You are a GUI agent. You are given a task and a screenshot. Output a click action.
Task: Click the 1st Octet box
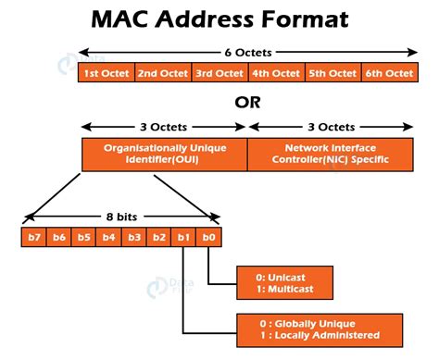click(x=107, y=73)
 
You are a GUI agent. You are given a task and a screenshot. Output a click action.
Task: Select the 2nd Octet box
click(x=163, y=73)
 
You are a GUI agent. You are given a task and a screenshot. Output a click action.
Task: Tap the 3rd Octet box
click(x=219, y=73)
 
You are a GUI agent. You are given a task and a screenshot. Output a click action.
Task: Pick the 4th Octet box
click(x=275, y=73)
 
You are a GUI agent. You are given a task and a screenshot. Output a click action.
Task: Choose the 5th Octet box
click(x=331, y=73)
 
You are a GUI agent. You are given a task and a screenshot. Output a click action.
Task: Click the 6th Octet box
click(x=386, y=73)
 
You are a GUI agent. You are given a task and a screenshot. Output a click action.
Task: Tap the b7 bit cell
click(x=35, y=237)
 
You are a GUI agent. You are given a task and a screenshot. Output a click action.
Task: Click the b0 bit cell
click(x=210, y=237)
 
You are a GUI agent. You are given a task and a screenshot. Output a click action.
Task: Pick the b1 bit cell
click(x=185, y=237)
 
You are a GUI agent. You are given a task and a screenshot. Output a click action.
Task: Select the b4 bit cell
click(x=110, y=237)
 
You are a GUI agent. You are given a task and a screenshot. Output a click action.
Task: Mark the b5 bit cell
click(x=85, y=237)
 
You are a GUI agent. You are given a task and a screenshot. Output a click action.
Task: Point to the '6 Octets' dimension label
click(x=247, y=52)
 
